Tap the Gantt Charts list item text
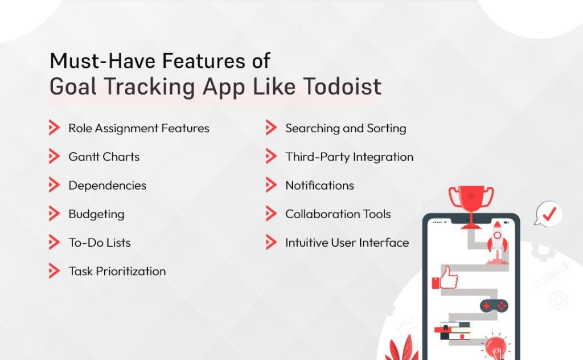point(104,157)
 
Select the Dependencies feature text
point(107,186)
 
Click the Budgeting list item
point(96,214)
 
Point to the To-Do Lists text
point(100,243)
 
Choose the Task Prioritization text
point(117,271)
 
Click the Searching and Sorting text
point(346,128)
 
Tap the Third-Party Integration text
point(349,157)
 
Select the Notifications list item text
point(319,186)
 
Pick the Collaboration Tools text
point(338,214)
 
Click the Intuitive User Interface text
point(347,243)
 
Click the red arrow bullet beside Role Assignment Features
point(54,128)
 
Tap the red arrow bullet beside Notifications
point(271,186)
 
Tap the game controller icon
point(493,306)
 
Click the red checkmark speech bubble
point(548,214)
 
